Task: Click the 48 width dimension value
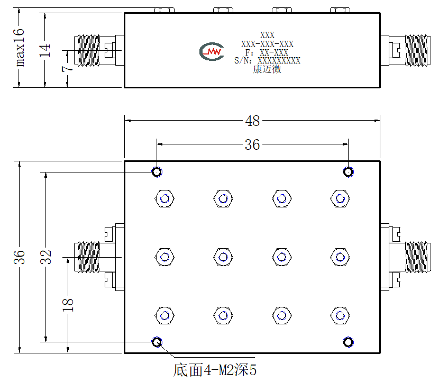coord(252,121)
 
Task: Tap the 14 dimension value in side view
coord(44,50)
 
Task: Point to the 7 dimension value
coord(67,69)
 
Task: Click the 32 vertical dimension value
coord(46,257)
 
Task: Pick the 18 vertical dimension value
coord(68,305)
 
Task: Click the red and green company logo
coord(212,51)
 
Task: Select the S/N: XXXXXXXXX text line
coord(267,60)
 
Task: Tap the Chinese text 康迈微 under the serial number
coord(267,69)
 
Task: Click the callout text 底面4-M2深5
coord(215,370)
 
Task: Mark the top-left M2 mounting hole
coord(157,171)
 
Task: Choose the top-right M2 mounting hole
coord(348,171)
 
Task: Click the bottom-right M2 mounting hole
coord(348,342)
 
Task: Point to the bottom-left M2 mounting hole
coord(157,342)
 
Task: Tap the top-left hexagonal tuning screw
coord(164,198)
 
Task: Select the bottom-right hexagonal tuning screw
coord(340,316)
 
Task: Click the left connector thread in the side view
coord(88,50)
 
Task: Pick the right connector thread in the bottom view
coord(416,257)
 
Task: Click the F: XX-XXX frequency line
coord(267,52)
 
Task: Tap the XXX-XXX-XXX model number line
coord(268,44)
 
